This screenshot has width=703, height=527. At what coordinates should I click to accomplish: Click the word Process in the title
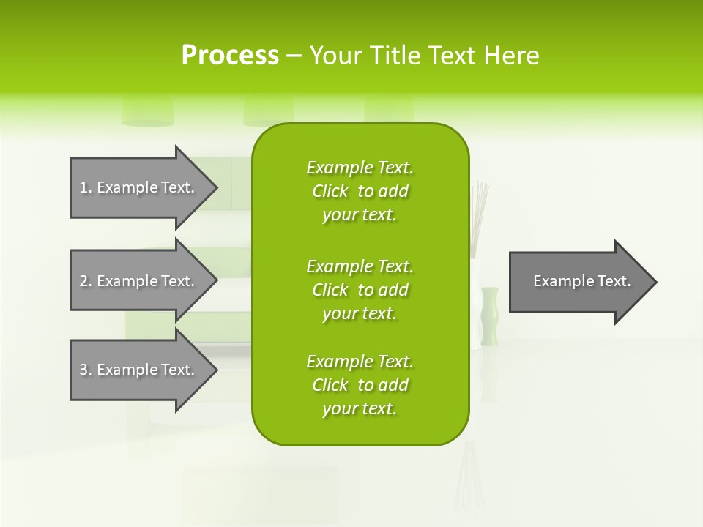coord(230,56)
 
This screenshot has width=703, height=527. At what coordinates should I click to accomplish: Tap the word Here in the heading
coord(511,56)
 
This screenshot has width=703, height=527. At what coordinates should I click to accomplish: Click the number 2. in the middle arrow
coord(86,281)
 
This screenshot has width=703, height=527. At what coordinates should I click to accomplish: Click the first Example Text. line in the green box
coord(360,168)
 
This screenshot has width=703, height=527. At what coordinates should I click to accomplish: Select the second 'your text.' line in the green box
coord(360,313)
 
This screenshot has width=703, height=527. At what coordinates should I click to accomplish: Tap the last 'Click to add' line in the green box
coord(360,385)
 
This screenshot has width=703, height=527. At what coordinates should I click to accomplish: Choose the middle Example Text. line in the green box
coord(360,266)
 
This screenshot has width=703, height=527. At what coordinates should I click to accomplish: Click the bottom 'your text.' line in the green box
coord(360,408)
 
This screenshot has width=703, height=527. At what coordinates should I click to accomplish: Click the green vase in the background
coord(490,315)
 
